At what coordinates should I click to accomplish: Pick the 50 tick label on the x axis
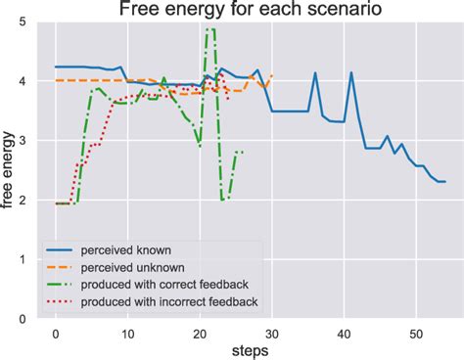[x=416, y=332]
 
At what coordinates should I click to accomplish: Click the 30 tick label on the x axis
[x=272, y=332]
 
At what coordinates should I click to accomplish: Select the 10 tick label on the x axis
[x=128, y=332]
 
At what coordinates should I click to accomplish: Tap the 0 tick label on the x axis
[x=57, y=332]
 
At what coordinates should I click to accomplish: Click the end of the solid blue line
[x=445, y=182]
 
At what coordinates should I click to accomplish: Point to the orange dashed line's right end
[x=272, y=75]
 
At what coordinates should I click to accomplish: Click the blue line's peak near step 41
[x=351, y=72]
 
